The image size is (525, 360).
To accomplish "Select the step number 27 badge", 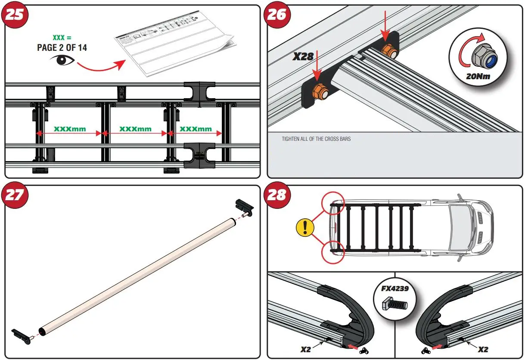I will pyautogui.click(x=16, y=195).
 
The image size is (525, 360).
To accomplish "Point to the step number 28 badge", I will pyautogui.click(x=277, y=195).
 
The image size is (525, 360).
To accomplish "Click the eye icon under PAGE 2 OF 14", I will pyautogui.click(x=62, y=60).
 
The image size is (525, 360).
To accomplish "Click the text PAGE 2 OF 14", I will pyautogui.click(x=62, y=47).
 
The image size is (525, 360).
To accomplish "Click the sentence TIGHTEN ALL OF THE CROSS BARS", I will pyautogui.click(x=316, y=139).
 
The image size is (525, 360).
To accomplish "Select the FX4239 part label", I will pyautogui.click(x=395, y=289).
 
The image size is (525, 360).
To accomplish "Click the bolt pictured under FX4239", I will pyautogui.click(x=395, y=305).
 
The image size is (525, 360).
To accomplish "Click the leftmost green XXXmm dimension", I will pyautogui.click(x=69, y=129).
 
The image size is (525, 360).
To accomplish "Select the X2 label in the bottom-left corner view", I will pyautogui.click(x=305, y=349).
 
